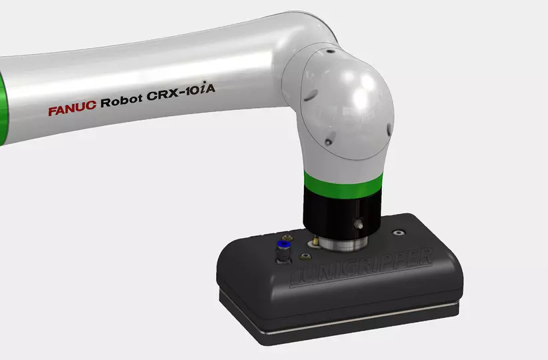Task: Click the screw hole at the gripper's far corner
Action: [399, 233]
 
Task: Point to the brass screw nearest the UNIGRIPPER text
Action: [306, 256]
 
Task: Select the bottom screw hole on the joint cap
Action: [328, 141]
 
